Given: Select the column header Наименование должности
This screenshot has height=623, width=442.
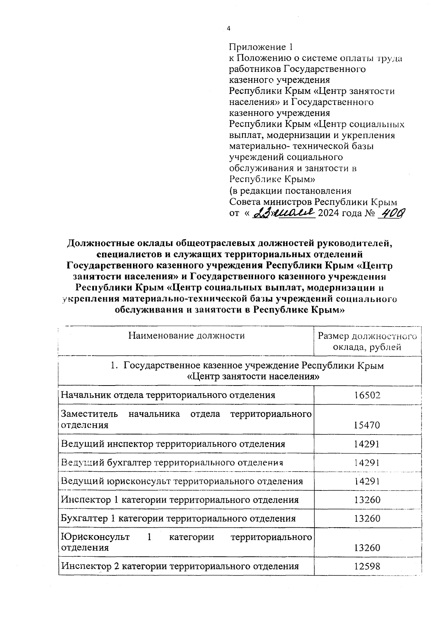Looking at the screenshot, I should [186, 335].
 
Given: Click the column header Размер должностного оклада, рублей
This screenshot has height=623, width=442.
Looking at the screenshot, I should [367, 341].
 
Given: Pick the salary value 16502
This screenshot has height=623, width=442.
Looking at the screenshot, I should [367, 395].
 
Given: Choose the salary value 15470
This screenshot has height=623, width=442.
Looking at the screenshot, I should [367, 425].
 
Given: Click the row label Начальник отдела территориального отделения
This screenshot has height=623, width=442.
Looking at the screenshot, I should [168, 395].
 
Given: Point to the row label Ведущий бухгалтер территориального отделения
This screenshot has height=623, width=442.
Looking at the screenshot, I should [172, 462].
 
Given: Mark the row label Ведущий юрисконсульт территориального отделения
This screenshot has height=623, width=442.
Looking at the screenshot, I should [182, 481].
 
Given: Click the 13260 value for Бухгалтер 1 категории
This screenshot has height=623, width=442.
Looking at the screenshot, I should [367, 519].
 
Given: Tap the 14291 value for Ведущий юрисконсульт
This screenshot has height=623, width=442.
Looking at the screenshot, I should [367, 481].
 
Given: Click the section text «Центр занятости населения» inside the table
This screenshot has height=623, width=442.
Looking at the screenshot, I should [253, 377].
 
